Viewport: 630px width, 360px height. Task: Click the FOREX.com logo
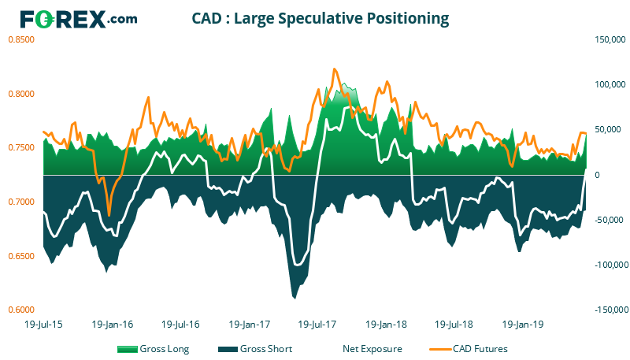pyautogui.click(x=79, y=19)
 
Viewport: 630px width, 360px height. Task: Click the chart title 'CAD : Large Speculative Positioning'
pyautogui.click(x=321, y=17)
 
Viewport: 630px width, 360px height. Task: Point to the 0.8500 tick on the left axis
pyautogui.click(x=22, y=39)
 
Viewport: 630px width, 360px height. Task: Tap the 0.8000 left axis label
pyautogui.click(x=22, y=93)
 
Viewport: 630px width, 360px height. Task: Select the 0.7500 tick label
pyautogui.click(x=22, y=147)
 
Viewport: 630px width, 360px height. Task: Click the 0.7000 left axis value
pyautogui.click(x=22, y=202)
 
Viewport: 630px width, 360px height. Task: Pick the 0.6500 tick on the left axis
pyautogui.click(x=22, y=256)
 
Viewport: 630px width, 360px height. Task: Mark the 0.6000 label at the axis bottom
pyautogui.click(x=22, y=310)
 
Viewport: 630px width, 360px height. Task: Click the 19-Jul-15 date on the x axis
pyautogui.click(x=44, y=324)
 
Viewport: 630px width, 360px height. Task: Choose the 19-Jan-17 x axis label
pyautogui.click(x=248, y=324)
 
